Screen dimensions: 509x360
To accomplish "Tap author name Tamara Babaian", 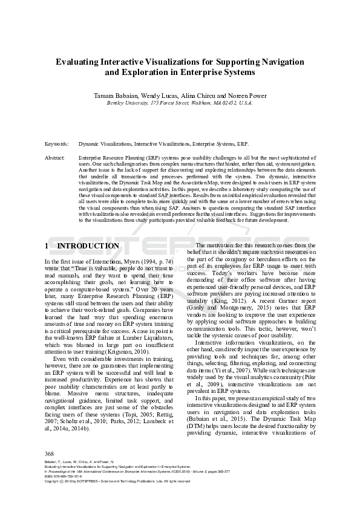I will point(116,96).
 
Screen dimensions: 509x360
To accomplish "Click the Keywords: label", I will point(56,145).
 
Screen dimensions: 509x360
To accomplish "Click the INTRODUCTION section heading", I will point(88,246).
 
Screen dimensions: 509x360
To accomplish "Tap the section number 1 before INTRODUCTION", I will point(47,246).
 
